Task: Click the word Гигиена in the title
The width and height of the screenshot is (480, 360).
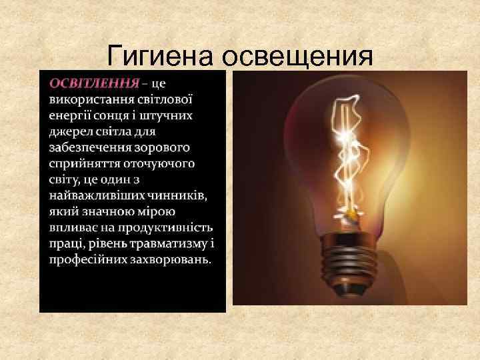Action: point(161,56)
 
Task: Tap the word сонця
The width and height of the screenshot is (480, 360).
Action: point(117,115)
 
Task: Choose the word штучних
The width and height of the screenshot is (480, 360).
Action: point(171,115)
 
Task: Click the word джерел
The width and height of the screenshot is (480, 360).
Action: point(69,131)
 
